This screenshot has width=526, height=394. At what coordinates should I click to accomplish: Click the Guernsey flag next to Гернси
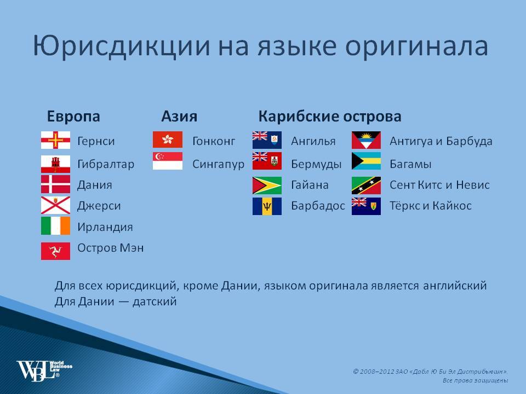[x=56, y=140]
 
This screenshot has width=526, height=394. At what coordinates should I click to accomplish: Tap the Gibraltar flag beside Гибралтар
[x=56, y=164]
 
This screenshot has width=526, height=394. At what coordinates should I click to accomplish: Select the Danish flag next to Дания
[x=56, y=184]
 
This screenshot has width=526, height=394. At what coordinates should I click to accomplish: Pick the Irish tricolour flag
[x=56, y=226]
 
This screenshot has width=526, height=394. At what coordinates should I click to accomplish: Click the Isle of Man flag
[x=56, y=251]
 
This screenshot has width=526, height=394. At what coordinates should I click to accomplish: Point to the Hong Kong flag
[x=168, y=140]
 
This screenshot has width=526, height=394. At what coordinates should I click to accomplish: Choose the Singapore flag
[x=168, y=161]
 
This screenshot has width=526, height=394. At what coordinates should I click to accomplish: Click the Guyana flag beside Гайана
[x=267, y=186]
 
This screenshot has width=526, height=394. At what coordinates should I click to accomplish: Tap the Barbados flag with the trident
[x=267, y=206]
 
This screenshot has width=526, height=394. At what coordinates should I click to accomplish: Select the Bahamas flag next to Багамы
[x=367, y=161]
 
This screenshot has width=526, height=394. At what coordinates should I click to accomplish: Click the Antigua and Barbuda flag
[x=367, y=140]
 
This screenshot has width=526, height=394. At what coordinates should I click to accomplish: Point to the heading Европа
[x=73, y=117]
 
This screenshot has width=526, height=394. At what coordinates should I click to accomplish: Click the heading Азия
[x=179, y=116]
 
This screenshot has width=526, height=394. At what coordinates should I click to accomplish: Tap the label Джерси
[x=99, y=206]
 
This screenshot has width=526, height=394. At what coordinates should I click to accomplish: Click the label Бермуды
[x=316, y=164]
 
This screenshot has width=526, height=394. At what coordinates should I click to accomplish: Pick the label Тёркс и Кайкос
[x=431, y=205]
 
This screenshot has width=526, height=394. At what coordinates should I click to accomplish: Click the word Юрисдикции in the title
[x=122, y=47]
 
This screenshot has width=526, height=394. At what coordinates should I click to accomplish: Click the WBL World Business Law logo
[x=44, y=370]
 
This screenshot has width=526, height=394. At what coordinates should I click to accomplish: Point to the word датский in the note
[x=155, y=302]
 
